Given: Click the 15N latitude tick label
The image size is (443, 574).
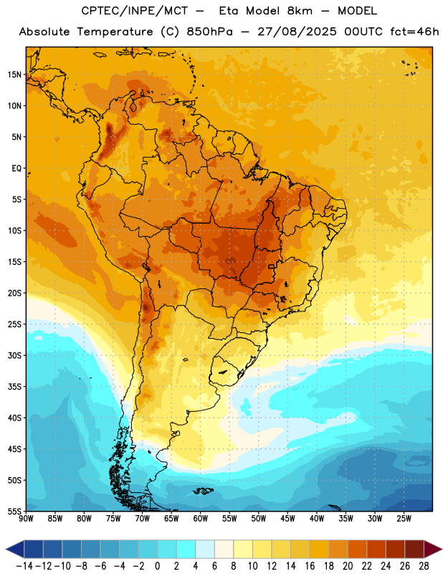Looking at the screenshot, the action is click(x=14, y=75).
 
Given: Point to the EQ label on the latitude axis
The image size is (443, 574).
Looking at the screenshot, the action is click(x=16, y=169).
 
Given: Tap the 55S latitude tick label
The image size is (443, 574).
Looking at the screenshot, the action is click(x=14, y=511).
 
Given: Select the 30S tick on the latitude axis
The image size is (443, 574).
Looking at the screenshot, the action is click(x=14, y=355).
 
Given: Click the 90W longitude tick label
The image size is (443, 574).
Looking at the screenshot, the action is click(x=26, y=519).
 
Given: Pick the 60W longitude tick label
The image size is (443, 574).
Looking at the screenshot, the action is click(x=201, y=519).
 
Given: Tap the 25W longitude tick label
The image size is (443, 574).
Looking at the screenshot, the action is click(x=404, y=519).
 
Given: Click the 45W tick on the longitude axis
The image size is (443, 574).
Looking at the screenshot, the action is click(x=287, y=519).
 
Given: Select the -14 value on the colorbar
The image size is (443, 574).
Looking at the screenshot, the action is click(x=24, y=566).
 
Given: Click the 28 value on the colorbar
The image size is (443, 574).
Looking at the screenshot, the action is click(x=424, y=566).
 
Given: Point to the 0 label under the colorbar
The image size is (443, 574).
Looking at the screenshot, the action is click(x=157, y=566).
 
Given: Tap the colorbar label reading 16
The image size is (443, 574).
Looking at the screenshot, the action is click(x=310, y=566).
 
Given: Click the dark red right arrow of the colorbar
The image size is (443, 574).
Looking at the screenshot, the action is click(x=432, y=549).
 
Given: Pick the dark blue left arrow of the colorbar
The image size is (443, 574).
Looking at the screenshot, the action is click(x=15, y=549).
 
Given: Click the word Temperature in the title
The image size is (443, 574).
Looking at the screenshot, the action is click(x=115, y=32).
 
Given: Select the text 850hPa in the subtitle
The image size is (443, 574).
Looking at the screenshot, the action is click(x=209, y=32).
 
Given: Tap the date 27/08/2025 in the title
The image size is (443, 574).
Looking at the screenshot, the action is click(x=297, y=32).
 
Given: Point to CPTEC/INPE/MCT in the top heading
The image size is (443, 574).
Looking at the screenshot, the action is click(x=135, y=11).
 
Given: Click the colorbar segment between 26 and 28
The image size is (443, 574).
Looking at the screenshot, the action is click(x=414, y=549).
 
